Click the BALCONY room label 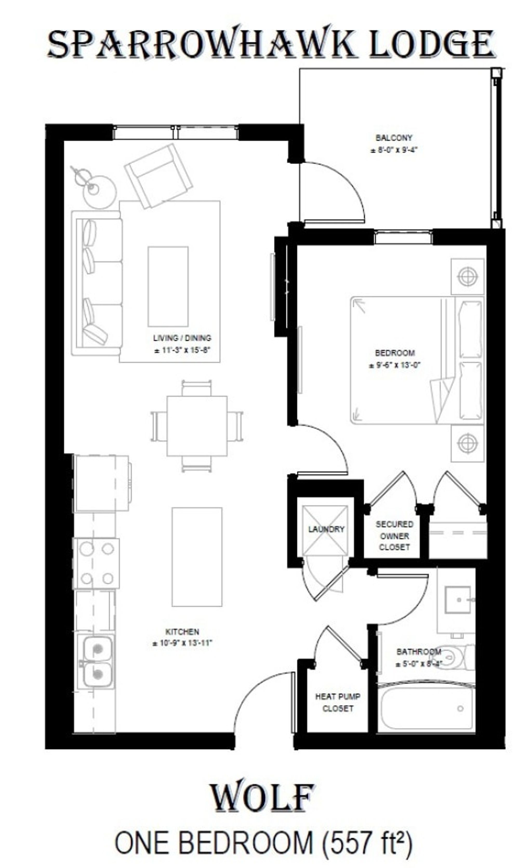click(x=394, y=138)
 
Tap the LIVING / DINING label click(x=182, y=338)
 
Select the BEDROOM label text click(x=395, y=353)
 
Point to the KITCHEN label click(x=182, y=632)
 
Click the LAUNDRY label click(x=326, y=529)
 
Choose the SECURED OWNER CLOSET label click(x=394, y=536)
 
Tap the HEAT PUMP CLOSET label click(x=337, y=702)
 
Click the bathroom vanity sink click(x=457, y=600)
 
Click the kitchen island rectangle click(x=197, y=557)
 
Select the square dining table click(x=197, y=426)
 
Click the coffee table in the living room click(x=168, y=286)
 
